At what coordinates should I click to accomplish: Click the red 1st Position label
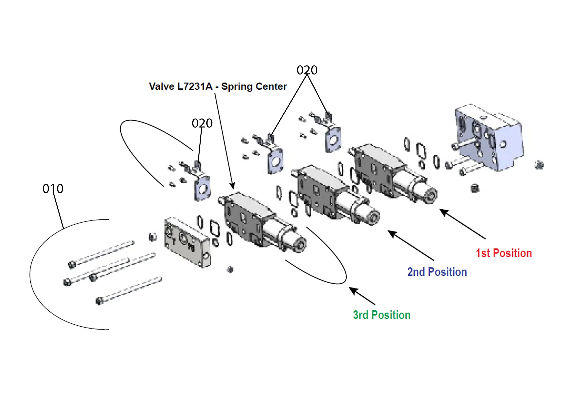point(504,253)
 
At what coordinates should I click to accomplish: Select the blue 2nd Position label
point(437,272)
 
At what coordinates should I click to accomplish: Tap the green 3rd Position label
point(382,315)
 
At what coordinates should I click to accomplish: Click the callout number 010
point(53,189)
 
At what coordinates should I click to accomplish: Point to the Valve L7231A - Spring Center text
point(218,87)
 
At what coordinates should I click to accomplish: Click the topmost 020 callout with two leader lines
point(307,70)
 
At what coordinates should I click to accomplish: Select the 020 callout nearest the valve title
point(202,123)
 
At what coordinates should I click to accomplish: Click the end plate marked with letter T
point(187,242)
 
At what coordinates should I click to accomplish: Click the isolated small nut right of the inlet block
point(539,165)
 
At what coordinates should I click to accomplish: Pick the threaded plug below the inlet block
point(475,188)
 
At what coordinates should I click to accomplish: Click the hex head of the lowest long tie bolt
point(99,301)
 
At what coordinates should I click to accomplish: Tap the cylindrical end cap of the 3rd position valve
point(299,244)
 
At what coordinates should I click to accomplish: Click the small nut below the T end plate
point(230,270)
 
